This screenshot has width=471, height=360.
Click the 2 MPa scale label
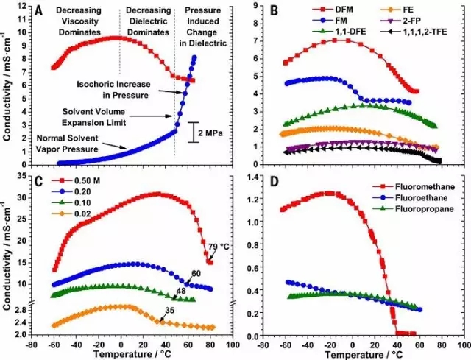pos(208,133)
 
